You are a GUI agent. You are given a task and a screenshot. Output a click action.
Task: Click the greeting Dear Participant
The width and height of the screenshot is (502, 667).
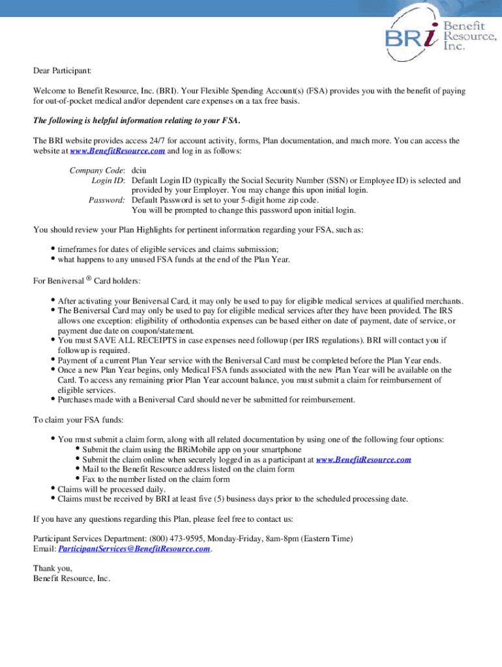click(x=63, y=70)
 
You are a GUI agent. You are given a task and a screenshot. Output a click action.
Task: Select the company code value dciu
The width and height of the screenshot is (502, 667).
click(x=140, y=171)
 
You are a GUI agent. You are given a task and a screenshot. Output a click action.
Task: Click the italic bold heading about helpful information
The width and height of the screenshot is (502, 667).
click(x=137, y=121)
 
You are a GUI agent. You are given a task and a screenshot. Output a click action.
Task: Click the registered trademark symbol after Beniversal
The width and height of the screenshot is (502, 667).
click(x=89, y=279)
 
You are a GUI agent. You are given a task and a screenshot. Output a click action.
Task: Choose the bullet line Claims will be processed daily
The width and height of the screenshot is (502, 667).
click(x=111, y=489)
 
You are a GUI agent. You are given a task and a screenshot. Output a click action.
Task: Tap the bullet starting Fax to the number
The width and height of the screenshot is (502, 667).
click(x=156, y=479)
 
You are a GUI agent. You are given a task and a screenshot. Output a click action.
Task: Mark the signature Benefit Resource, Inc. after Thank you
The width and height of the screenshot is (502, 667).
click(x=72, y=578)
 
